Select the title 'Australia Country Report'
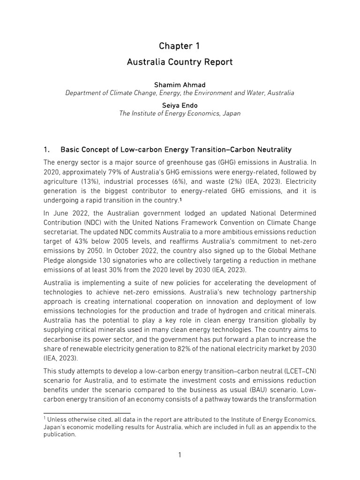[x=180, y=62]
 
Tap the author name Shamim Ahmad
[x=180, y=84]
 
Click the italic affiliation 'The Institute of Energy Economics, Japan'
[x=180, y=114]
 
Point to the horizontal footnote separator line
[x=85, y=413]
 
